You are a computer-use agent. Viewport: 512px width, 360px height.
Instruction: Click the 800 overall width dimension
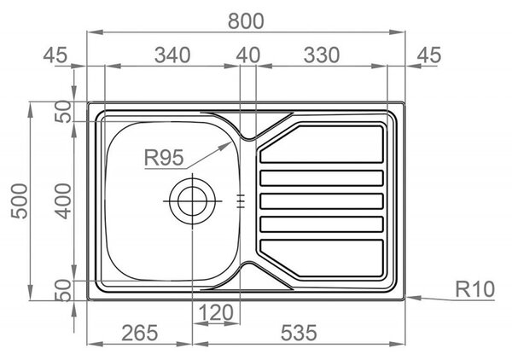(246, 21)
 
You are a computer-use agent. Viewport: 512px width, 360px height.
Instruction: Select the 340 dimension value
(172, 55)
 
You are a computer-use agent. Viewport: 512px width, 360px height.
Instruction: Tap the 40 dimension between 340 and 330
(248, 55)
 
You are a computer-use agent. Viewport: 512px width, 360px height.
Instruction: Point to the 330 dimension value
(322, 55)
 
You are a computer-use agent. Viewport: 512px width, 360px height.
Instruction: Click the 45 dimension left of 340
(55, 55)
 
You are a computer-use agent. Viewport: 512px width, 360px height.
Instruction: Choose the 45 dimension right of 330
(429, 55)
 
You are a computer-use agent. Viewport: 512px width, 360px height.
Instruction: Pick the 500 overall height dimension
(20, 201)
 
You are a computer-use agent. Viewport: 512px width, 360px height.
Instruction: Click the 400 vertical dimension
(62, 201)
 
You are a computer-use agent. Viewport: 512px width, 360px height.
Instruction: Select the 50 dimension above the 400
(62, 111)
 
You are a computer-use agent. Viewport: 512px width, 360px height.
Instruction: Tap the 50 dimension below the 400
(62, 290)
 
